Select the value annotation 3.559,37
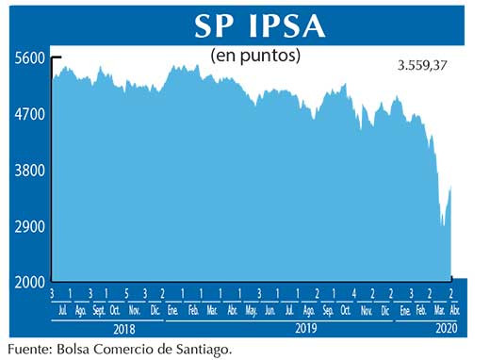click(x=423, y=65)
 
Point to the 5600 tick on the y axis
click(x=30, y=57)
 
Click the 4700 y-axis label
click(x=30, y=114)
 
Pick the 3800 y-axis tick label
click(x=30, y=171)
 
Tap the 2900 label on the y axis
click(x=30, y=227)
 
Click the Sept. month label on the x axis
click(x=99, y=309)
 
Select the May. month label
click(x=251, y=309)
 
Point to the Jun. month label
click(x=270, y=309)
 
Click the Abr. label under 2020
click(x=454, y=309)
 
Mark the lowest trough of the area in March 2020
click(x=442, y=226)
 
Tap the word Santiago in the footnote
click(x=197, y=350)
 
